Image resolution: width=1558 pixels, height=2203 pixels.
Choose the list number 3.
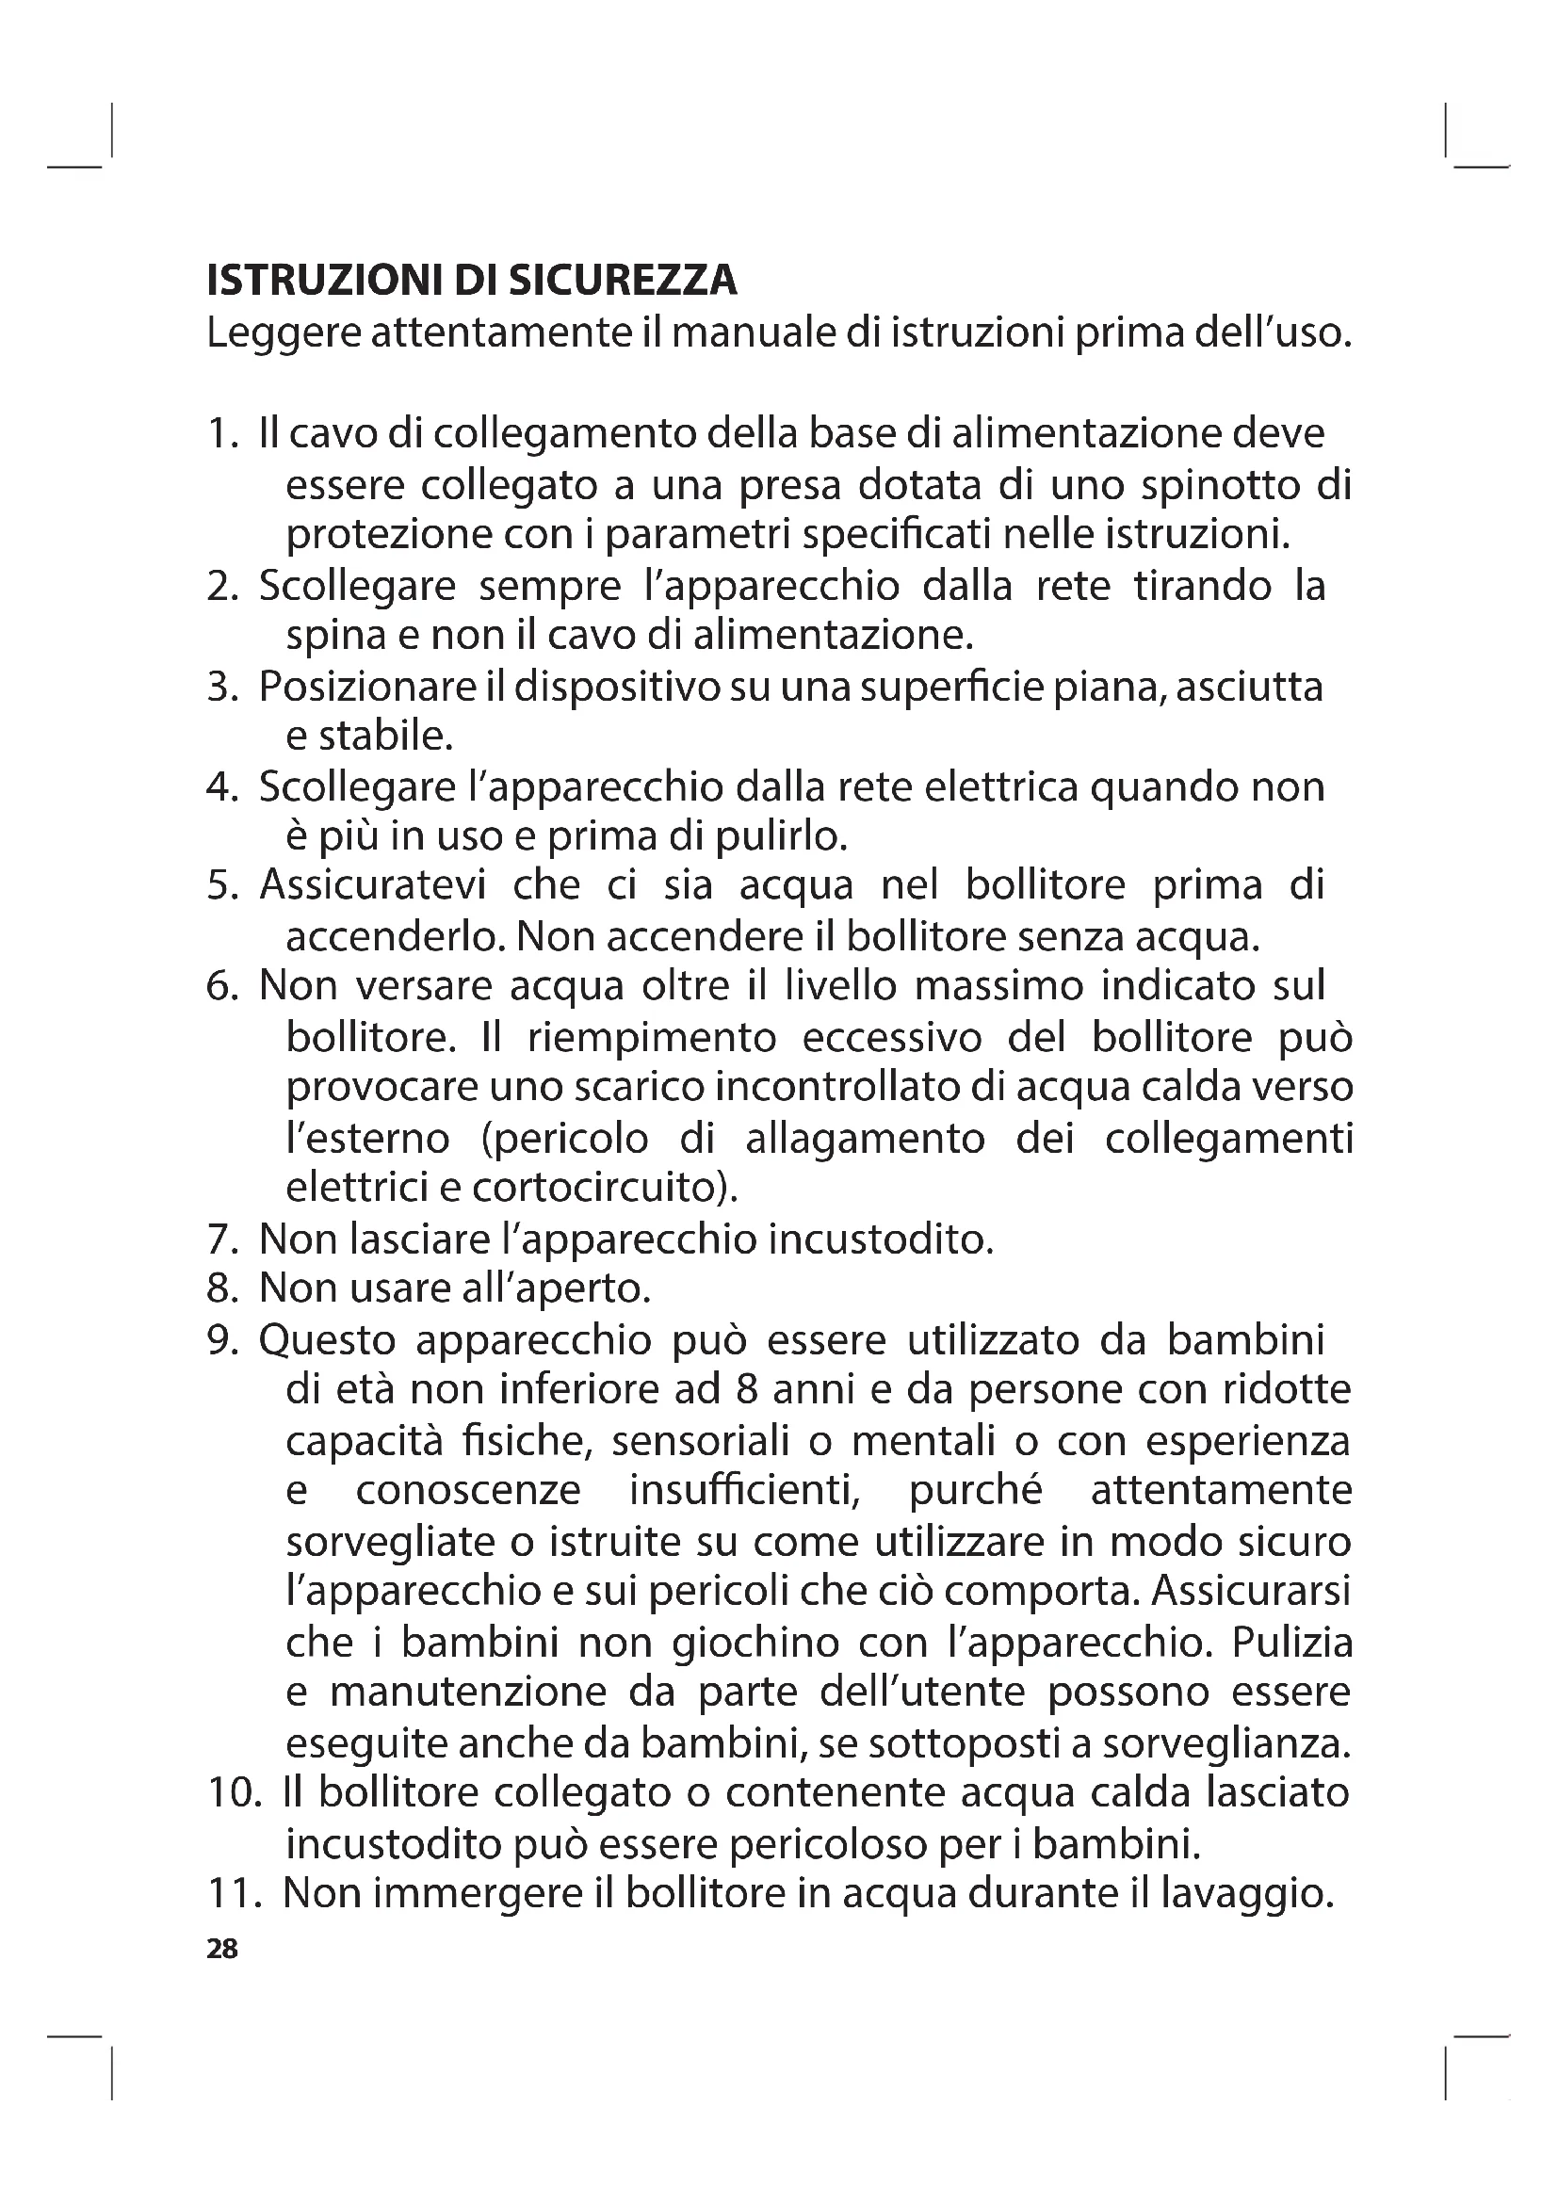pyautogui.click(x=221, y=687)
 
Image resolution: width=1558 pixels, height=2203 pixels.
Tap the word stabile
pyautogui.click(x=383, y=737)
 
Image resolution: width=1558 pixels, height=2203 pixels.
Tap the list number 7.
pyautogui.click(x=221, y=1239)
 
